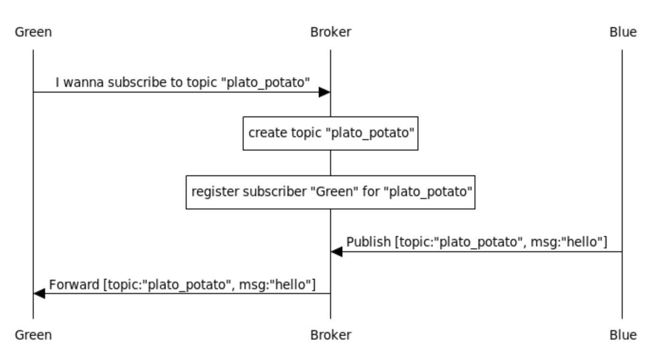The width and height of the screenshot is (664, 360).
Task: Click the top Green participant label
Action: pos(33,32)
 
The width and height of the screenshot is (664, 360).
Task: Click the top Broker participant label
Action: pos(331,32)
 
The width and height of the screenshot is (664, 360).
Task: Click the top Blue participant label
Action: pos(623,32)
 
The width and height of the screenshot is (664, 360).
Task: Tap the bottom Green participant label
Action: pos(33,335)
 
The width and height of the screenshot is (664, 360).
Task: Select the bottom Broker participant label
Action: pos(331,335)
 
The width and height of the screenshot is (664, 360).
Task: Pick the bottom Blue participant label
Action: pos(623,335)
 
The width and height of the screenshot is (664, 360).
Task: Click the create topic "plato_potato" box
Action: pos(331,133)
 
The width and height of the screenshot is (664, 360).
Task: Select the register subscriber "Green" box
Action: pos(331,192)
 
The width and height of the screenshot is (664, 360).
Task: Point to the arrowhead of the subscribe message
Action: pos(325,92)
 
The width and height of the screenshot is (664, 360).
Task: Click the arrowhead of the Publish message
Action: pos(337,252)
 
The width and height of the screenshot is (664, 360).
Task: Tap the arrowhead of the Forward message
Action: pos(39,294)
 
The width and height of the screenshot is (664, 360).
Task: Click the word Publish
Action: pos(368,242)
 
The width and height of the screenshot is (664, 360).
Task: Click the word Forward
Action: pos(74,284)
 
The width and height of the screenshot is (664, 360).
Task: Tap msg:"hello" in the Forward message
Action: pos(277,284)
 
